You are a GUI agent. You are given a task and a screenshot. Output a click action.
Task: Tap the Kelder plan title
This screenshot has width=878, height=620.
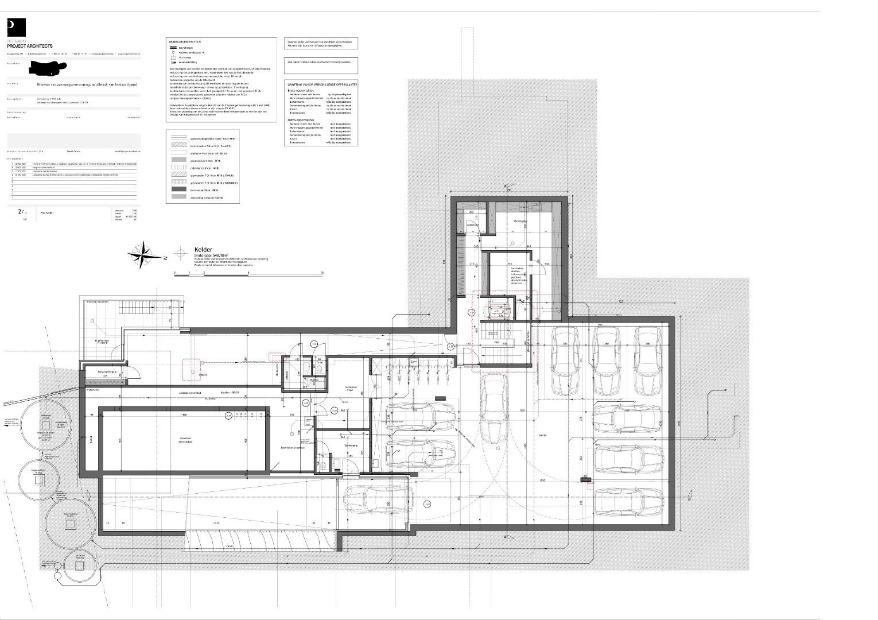tap(203, 249)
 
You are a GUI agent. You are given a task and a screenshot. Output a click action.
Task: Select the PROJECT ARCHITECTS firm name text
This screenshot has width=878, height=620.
tap(30, 46)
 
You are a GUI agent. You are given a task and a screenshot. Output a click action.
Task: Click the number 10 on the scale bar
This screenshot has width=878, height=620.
tap(321, 273)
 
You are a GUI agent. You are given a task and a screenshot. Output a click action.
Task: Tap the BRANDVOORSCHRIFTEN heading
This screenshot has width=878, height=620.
tap(185, 42)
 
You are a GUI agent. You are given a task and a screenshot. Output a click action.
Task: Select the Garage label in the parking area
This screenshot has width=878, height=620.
tap(542, 435)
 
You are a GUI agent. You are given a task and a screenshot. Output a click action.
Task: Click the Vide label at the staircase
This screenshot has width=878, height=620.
tap(497, 343)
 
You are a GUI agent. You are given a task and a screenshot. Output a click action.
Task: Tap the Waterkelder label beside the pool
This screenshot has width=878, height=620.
tap(93, 389)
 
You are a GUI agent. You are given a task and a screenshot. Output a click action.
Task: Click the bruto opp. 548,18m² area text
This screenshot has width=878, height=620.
tap(211, 255)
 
